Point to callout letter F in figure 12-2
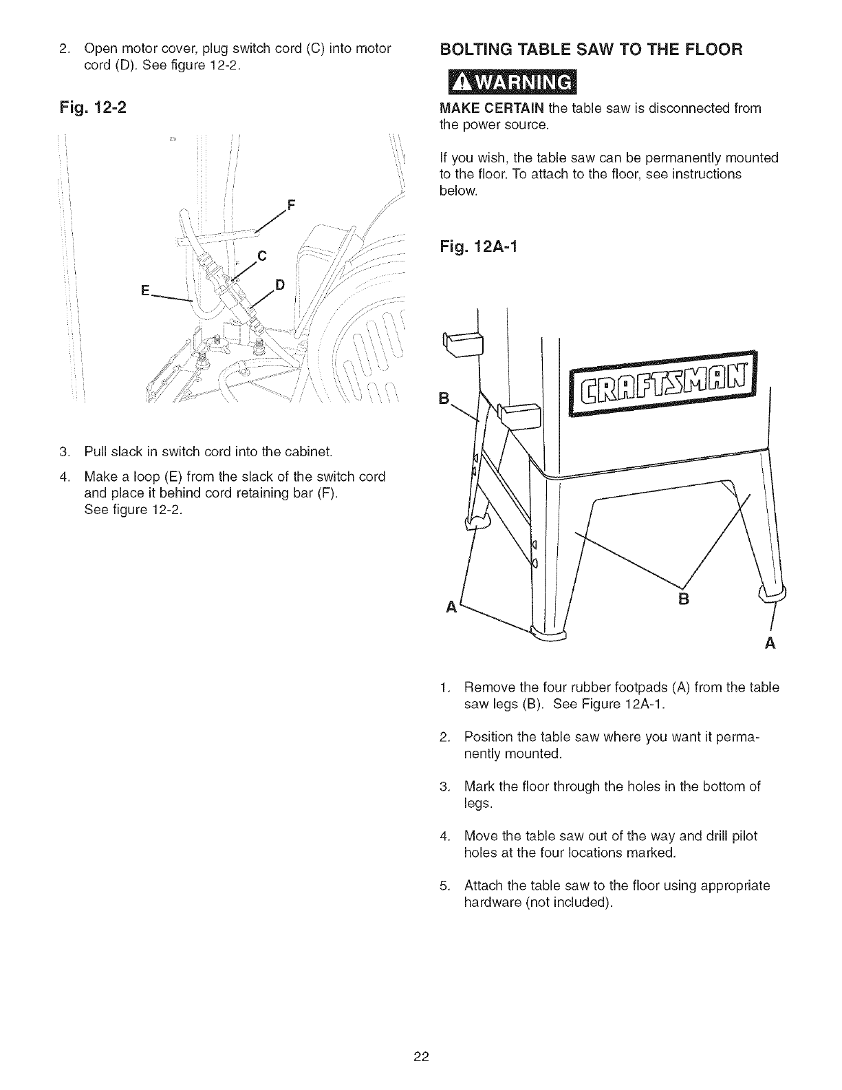(x=290, y=204)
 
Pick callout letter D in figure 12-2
(x=280, y=285)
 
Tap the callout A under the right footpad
(x=770, y=644)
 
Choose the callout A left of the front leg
(x=452, y=608)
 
